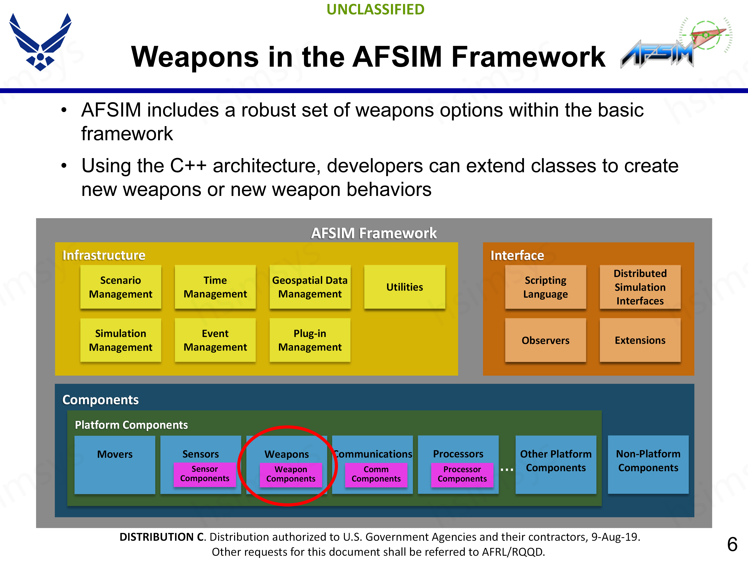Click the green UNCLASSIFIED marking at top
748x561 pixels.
375,10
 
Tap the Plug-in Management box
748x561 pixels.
310,340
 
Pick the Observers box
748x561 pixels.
545,340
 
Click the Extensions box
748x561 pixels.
640,340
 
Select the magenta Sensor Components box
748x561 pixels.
205,474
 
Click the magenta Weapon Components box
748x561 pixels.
290,474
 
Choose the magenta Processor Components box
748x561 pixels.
462,474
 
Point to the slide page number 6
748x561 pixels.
732,544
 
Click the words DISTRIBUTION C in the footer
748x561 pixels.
162,537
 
